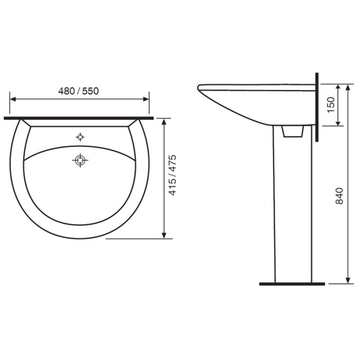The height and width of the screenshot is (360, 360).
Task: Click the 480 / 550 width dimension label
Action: coord(78,91)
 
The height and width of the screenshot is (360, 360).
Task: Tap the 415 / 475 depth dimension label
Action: coord(172,175)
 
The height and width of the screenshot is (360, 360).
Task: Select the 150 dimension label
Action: coord(331,105)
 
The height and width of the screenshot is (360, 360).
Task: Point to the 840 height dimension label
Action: coord(339,196)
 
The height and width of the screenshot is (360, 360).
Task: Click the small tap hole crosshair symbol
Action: coord(80,137)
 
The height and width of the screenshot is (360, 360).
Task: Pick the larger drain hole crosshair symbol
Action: coord(80,160)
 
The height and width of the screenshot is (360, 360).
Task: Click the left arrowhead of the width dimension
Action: coord(13,99)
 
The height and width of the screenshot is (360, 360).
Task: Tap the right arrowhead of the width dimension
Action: coord(146,99)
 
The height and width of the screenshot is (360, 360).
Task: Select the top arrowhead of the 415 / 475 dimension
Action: coord(164,122)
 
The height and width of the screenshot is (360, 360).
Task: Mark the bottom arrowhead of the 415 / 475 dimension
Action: coord(164,235)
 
